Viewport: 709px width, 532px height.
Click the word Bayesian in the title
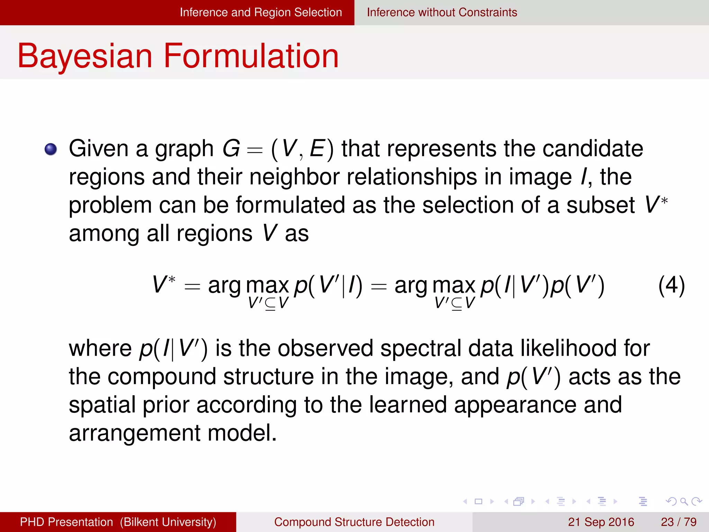85,56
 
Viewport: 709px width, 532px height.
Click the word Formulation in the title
251,56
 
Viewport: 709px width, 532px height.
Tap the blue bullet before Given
51,149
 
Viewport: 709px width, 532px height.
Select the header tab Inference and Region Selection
261,12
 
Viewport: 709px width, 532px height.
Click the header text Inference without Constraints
442,12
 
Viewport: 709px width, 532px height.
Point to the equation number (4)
671,286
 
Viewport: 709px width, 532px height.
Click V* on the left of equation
164,285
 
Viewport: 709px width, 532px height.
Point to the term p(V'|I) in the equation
327,286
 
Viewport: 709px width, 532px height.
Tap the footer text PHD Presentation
66,522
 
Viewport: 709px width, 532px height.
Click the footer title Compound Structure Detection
354,522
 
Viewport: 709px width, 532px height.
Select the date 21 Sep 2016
601,522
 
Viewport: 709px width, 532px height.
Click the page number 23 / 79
679,522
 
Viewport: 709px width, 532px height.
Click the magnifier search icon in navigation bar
684,501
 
